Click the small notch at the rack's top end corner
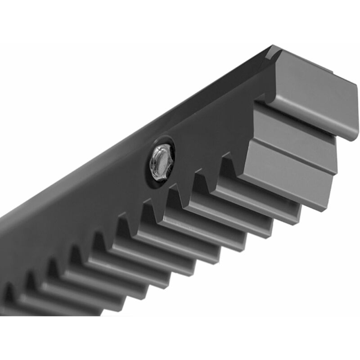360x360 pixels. tap(272, 52)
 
